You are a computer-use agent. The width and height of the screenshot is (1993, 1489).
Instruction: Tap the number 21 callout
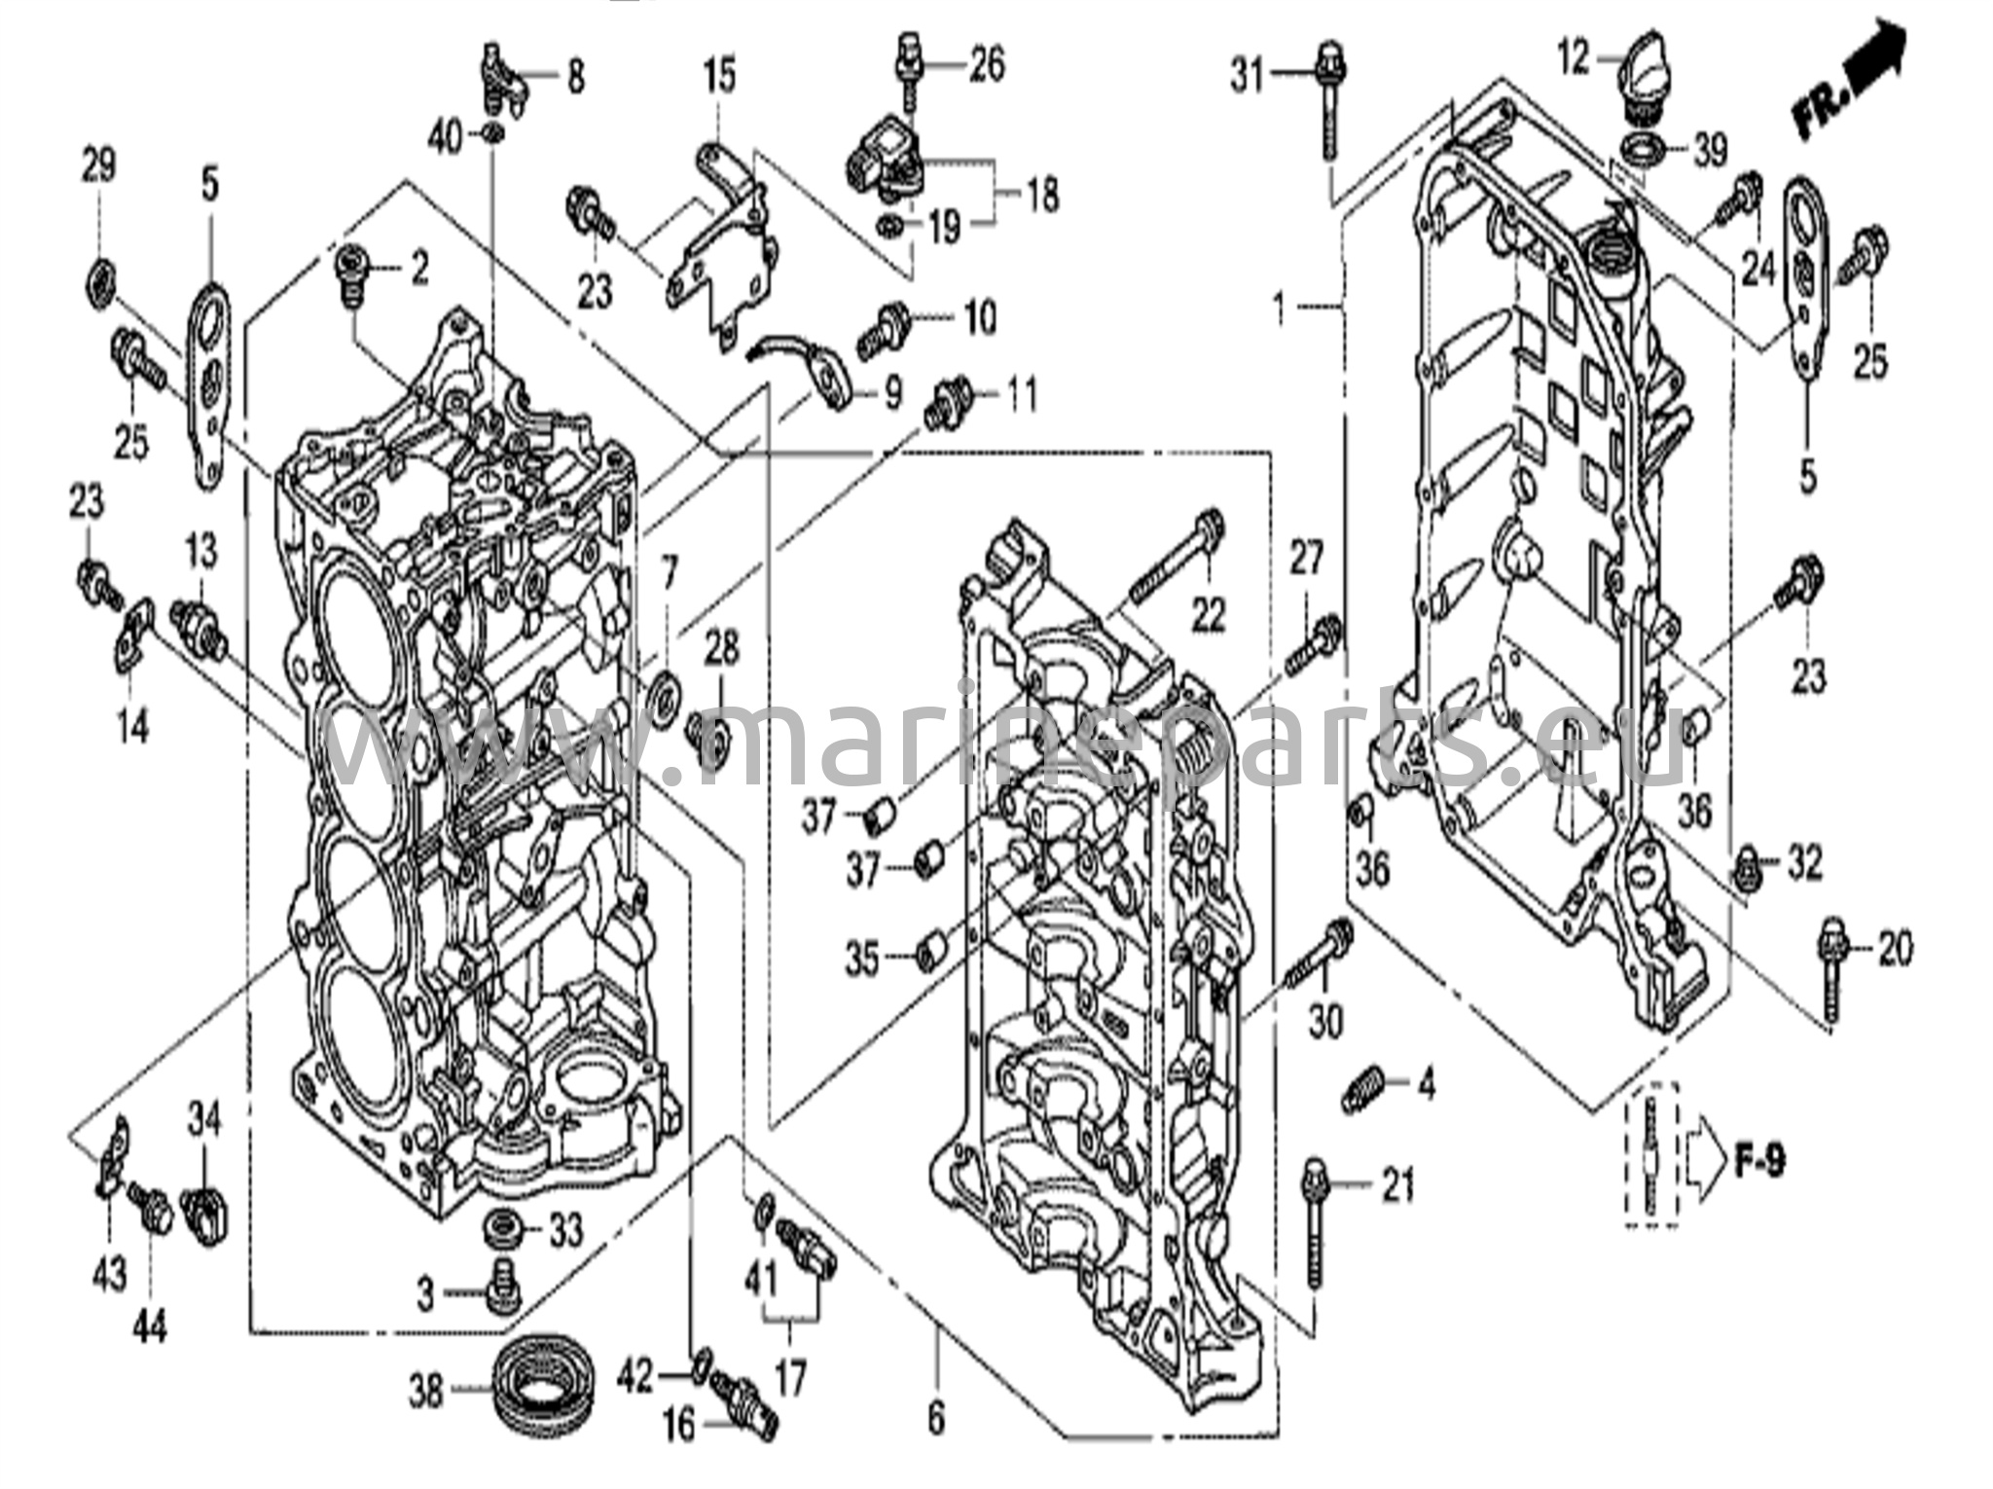(1397, 1185)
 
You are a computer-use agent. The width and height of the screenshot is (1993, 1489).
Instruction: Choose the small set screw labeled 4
(1357, 1088)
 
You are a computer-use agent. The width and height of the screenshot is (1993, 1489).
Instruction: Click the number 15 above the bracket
(721, 77)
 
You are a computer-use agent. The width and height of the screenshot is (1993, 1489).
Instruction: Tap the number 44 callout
(151, 1325)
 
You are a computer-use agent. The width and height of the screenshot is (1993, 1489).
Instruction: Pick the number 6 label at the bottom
(935, 1418)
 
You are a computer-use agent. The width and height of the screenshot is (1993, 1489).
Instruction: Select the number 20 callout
(1894, 948)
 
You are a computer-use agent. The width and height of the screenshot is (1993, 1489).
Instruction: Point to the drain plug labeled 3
(503, 1288)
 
